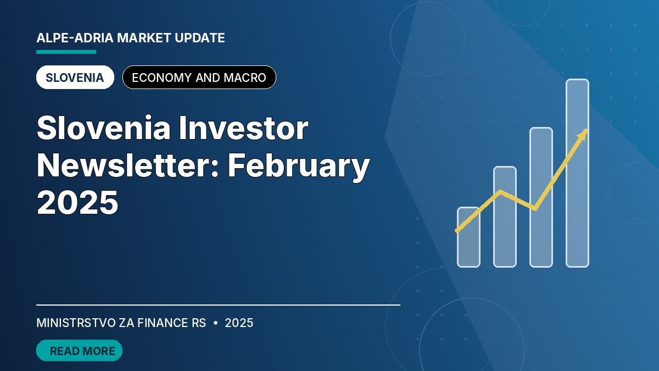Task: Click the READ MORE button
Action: click(79, 351)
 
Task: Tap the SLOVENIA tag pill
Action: click(75, 77)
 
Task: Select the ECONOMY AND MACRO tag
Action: click(199, 77)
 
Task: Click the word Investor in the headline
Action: click(243, 128)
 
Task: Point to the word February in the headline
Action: click(299, 167)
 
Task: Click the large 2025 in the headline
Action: click(77, 203)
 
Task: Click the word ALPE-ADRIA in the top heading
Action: click(75, 38)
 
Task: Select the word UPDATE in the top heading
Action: click(200, 38)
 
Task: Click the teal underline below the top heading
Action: click(66, 52)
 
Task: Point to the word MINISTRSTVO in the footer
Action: click(76, 323)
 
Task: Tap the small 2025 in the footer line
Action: click(239, 323)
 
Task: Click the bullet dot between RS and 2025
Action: click(216, 323)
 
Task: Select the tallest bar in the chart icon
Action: click(578, 173)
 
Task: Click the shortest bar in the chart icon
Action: click(468, 237)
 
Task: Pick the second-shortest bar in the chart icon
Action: click(505, 217)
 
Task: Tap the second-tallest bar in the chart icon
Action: click(541, 197)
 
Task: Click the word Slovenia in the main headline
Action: click(104, 128)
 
